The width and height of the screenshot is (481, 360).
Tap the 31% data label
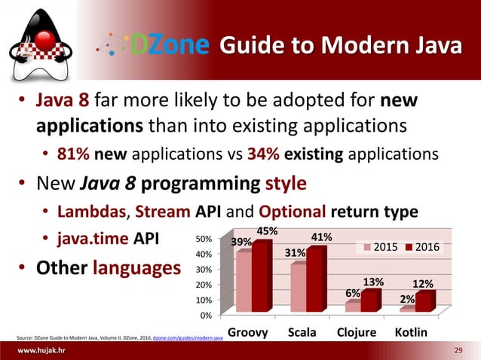[296, 253]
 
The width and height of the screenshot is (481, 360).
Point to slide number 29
[458, 352]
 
